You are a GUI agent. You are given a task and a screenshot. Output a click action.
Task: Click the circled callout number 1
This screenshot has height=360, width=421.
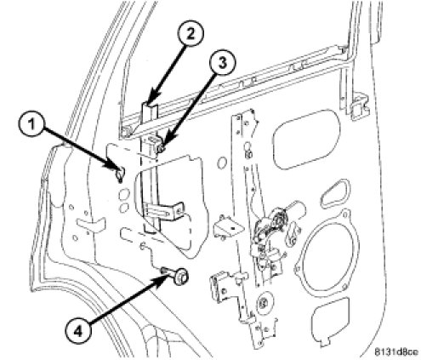pyautogui.click(x=31, y=125)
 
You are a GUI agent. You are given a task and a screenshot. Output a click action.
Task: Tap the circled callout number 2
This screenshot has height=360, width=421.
pyautogui.click(x=191, y=33)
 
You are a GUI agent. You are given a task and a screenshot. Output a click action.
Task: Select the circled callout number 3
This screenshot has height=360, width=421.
pyautogui.click(x=223, y=64)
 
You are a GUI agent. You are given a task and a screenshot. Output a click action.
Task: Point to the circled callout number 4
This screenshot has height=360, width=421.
pyautogui.click(x=78, y=330)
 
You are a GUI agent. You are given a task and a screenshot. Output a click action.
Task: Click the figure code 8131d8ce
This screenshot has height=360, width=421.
pyautogui.click(x=395, y=352)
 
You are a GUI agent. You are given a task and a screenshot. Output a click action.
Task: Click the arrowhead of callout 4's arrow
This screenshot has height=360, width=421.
pyautogui.click(x=164, y=276)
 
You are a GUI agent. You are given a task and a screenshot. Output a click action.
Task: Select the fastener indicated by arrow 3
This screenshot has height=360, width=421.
pyautogui.click(x=162, y=148)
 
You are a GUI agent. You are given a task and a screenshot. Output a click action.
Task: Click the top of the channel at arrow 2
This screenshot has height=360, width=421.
pyautogui.click(x=151, y=106)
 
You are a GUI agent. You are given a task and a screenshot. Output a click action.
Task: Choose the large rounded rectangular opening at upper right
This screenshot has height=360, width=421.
pyautogui.click(x=306, y=139)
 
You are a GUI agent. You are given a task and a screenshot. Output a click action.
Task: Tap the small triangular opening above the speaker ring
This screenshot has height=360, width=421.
pyautogui.click(x=335, y=193)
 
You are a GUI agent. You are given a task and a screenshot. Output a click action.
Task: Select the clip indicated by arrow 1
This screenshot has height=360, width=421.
pyautogui.click(x=121, y=174)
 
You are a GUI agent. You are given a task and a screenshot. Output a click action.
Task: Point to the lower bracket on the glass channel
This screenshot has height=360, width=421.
pyautogui.click(x=164, y=211)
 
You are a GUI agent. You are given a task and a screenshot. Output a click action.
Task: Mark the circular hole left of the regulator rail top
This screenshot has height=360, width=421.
pyautogui.click(x=222, y=163)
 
